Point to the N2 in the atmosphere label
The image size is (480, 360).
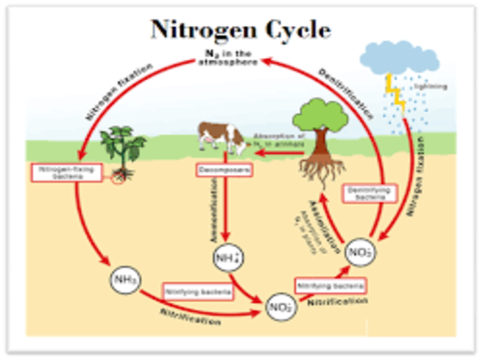click(x=226, y=57)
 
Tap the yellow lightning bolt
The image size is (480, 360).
click(x=397, y=92)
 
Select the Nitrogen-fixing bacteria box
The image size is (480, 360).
click(x=66, y=172)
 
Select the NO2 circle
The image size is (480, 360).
click(x=279, y=305)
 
